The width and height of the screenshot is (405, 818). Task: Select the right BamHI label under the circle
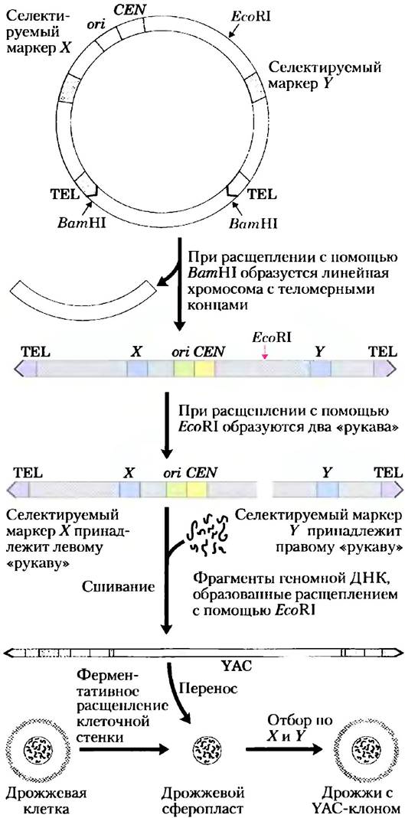click(253, 223)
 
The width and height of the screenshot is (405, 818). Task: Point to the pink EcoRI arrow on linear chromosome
click(265, 353)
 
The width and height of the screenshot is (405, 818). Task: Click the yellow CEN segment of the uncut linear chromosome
click(204, 369)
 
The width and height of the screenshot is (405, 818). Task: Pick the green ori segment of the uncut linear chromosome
click(185, 369)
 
